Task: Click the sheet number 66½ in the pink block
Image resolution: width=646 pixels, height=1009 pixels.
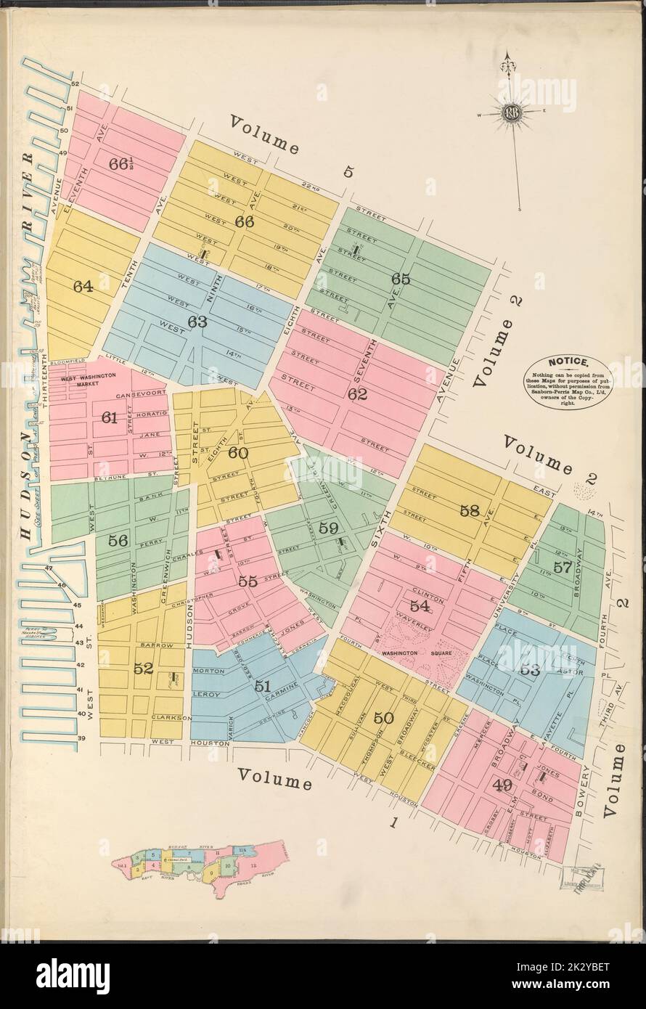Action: point(123,163)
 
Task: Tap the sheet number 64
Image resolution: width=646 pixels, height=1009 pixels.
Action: point(83,287)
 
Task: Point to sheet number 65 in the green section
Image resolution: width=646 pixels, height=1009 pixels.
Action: point(401,279)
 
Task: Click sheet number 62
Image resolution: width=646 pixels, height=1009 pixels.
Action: point(357,395)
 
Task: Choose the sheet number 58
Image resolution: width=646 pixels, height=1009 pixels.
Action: point(470,510)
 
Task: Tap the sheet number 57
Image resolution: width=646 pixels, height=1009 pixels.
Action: point(563,568)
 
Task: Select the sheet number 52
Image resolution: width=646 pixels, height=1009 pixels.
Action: point(143,669)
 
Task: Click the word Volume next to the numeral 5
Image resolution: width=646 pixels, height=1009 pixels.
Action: point(265,134)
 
